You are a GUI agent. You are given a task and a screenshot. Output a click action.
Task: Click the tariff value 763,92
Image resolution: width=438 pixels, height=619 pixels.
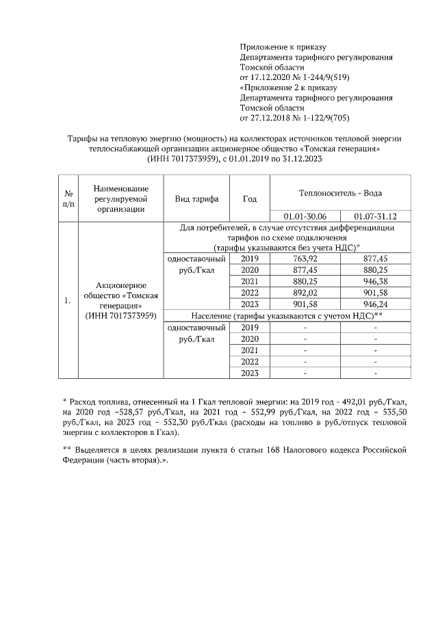click(305, 259)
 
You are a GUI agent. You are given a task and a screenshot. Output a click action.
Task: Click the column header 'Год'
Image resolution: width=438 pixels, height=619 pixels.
click(250, 199)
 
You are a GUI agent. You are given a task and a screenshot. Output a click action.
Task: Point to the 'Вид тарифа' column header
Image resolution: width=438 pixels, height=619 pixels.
click(196, 199)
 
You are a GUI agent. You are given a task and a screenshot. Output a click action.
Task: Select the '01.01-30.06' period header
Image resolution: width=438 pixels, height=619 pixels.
click(305, 216)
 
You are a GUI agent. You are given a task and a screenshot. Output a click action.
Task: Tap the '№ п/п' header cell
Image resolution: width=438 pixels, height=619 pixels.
click(68, 199)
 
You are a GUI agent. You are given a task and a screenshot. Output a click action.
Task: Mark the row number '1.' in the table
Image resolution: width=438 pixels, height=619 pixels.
click(67, 300)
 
